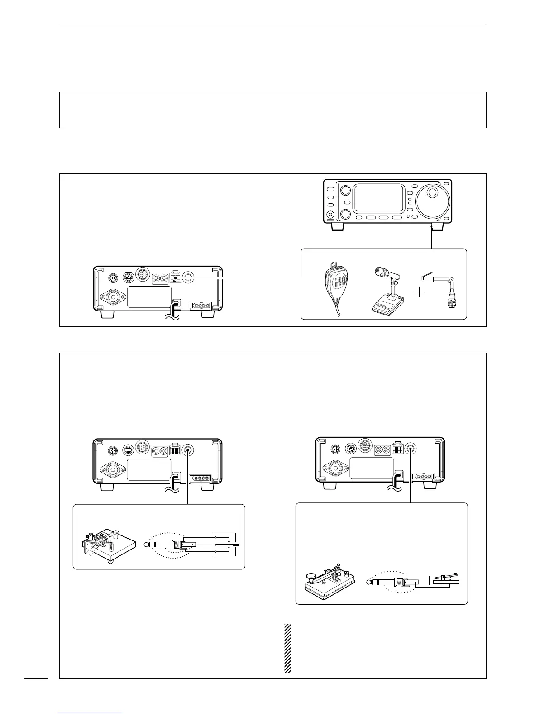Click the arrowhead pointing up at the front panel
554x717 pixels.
(432, 226)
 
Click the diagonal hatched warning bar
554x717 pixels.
(287, 648)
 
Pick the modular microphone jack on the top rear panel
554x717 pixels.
(175, 277)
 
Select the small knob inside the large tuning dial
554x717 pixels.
(433, 192)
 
